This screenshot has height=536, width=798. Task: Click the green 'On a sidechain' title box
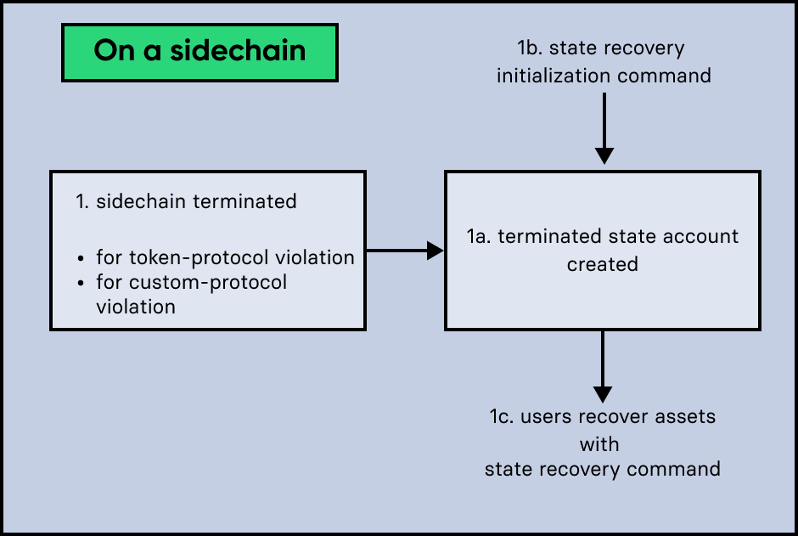(199, 52)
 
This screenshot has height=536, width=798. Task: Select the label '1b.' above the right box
(532, 48)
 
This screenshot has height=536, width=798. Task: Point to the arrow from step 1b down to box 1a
(604, 127)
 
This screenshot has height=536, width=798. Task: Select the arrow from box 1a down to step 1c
(603, 365)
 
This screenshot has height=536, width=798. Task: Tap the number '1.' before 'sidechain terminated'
(82, 201)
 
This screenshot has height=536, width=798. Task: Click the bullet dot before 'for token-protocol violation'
(81, 258)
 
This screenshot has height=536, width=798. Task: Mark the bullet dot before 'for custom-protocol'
(81, 282)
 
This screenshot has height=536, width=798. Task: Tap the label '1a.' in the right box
(479, 236)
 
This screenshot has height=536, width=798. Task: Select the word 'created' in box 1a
(603, 264)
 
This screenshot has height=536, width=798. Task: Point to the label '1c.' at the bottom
(501, 416)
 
